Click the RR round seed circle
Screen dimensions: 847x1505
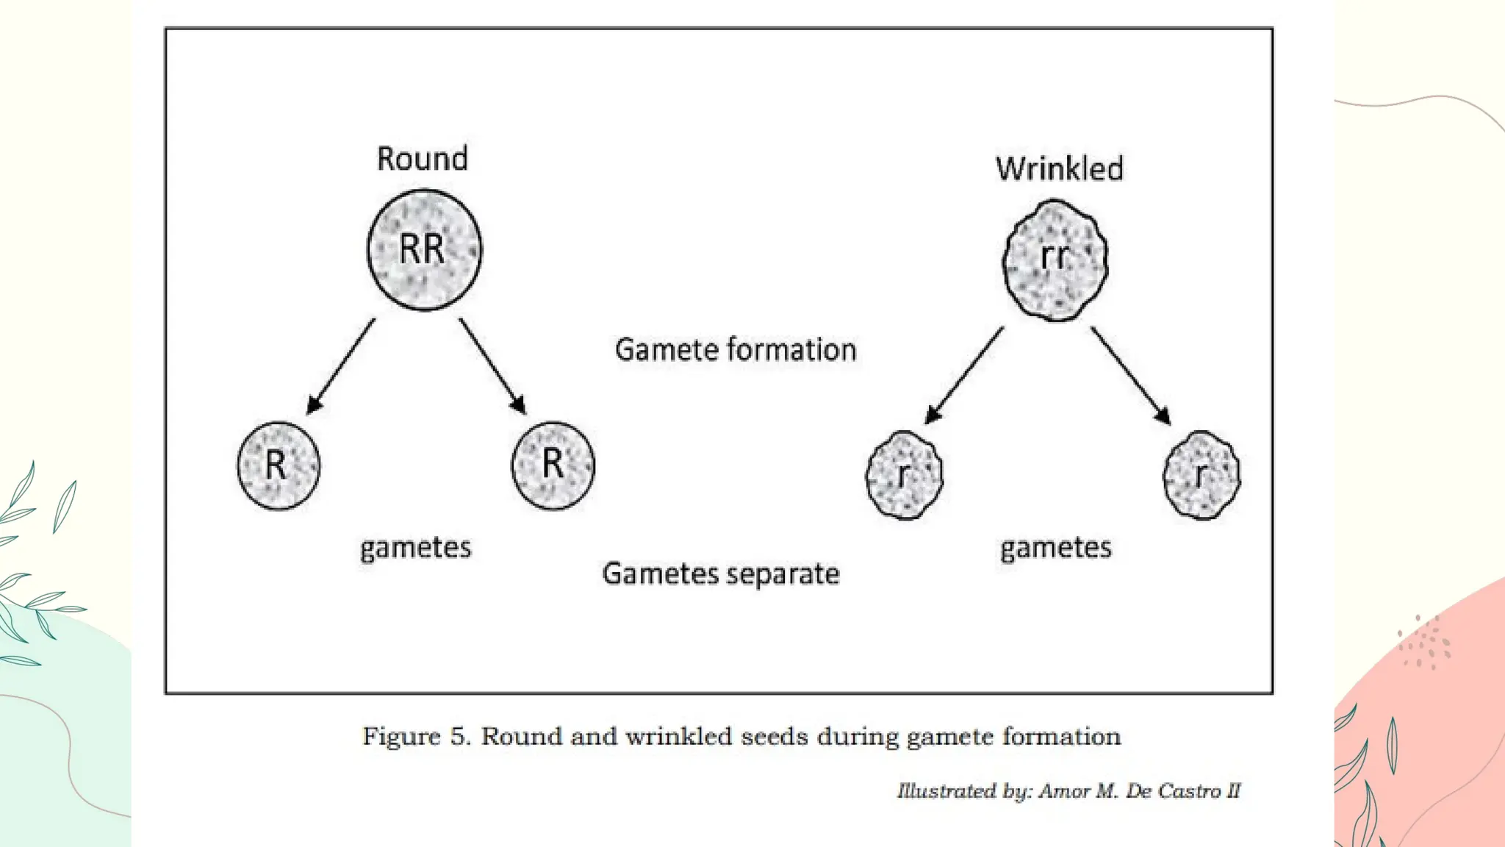425,250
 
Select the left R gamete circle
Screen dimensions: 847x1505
279,465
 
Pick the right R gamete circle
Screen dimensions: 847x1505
553,465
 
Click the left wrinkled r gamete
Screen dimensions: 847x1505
905,476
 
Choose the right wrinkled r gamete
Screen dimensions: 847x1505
1202,476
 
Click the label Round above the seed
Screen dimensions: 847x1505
422,159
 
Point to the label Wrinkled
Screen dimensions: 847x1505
1059,169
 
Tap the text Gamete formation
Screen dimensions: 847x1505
736,350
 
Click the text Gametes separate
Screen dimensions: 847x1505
720,574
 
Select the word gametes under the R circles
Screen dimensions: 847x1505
415,548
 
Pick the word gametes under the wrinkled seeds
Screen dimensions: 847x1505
1055,548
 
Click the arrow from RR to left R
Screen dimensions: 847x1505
341,366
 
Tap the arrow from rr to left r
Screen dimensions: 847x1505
964,376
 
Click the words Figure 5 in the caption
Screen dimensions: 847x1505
415,737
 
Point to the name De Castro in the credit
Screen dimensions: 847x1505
1173,791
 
